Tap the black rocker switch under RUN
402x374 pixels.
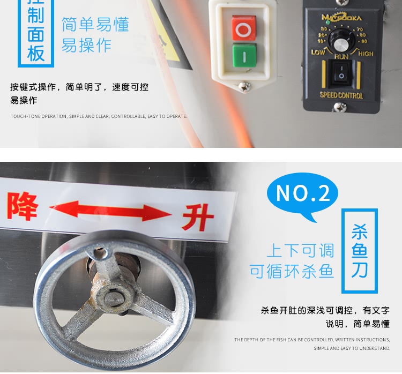click(340, 74)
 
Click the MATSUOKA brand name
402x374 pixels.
click(341, 18)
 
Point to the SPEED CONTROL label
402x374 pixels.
click(341, 95)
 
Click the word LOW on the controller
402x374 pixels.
click(318, 53)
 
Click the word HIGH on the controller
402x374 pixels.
click(366, 53)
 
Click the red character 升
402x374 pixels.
click(197, 218)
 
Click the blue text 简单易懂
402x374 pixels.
click(95, 25)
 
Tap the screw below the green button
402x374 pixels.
click(244, 85)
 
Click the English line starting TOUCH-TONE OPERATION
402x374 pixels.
click(99, 116)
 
